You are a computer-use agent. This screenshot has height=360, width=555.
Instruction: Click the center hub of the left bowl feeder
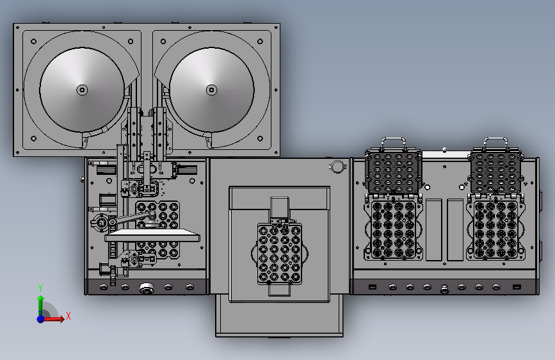coord(82,90)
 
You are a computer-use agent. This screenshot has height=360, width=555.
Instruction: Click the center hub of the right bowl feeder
coord(212,90)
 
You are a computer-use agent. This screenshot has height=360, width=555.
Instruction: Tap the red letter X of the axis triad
coord(68,316)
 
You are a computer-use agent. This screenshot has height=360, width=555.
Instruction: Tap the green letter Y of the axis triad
coord(40,288)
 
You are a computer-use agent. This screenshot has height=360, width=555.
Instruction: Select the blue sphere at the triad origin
coord(41,319)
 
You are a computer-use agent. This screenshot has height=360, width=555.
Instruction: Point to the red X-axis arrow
coord(53,319)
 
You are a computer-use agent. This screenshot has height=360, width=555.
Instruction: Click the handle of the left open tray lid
coord(393,143)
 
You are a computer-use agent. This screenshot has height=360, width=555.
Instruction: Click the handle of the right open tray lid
coord(495,143)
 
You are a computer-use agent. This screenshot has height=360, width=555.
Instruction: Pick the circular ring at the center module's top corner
coord(337,166)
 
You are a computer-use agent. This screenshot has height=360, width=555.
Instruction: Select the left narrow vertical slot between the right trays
coord(433,229)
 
